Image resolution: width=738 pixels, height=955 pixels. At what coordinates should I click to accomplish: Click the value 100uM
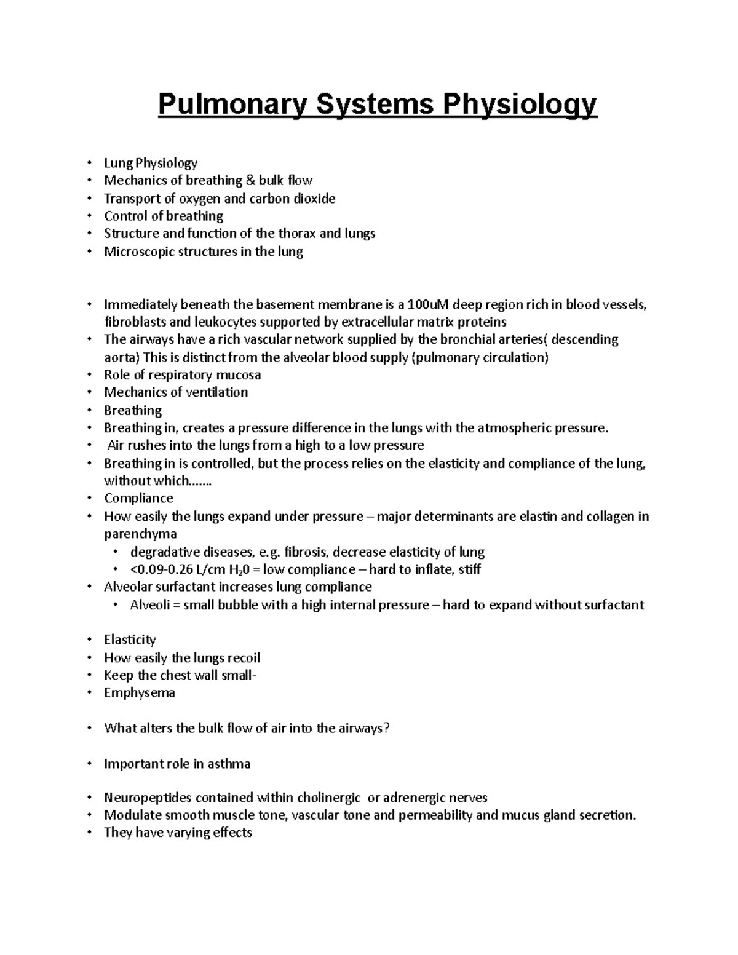tap(429, 304)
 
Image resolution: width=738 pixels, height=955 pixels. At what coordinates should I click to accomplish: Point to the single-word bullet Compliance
tap(138, 498)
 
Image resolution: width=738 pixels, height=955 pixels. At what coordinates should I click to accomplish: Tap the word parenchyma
tap(140, 534)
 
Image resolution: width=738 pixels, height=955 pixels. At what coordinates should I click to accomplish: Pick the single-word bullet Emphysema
tap(140, 693)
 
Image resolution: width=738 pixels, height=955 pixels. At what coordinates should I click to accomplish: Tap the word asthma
tap(229, 764)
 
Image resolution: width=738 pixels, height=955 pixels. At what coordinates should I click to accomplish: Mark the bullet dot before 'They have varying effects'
tap(90, 833)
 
